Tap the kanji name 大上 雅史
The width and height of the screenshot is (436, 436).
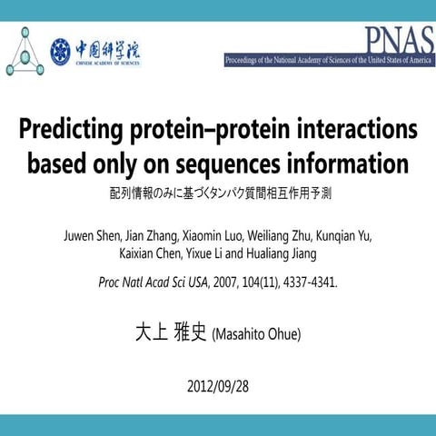pyautogui.click(x=170, y=332)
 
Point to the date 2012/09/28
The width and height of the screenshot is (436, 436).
pyautogui.click(x=217, y=385)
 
